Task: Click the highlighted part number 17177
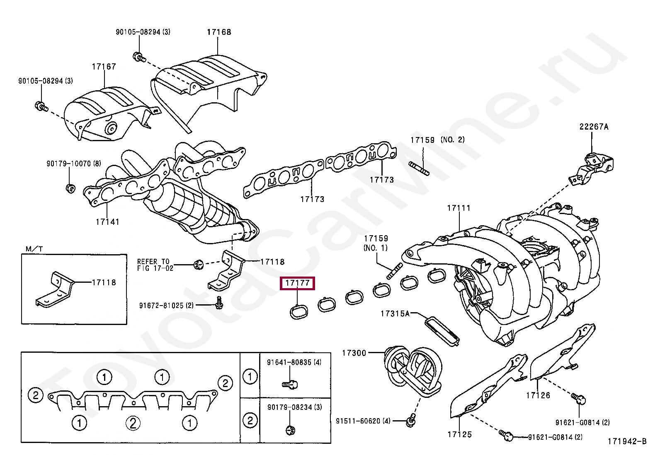click(297, 283)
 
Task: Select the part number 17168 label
click(219, 32)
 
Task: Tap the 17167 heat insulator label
click(104, 67)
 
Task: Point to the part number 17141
click(107, 222)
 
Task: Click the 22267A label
click(594, 127)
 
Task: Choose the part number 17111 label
click(459, 208)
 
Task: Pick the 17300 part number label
click(354, 353)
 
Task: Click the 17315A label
click(395, 313)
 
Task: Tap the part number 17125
click(460, 434)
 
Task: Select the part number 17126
click(538, 395)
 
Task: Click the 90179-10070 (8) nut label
click(73, 164)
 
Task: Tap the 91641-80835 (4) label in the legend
click(294, 362)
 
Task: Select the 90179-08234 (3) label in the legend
click(294, 407)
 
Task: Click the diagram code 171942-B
click(627, 441)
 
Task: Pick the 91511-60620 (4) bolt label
click(363, 421)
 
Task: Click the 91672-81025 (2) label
click(166, 306)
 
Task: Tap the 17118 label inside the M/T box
click(104, 282)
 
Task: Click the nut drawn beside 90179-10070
click(70, 189)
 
